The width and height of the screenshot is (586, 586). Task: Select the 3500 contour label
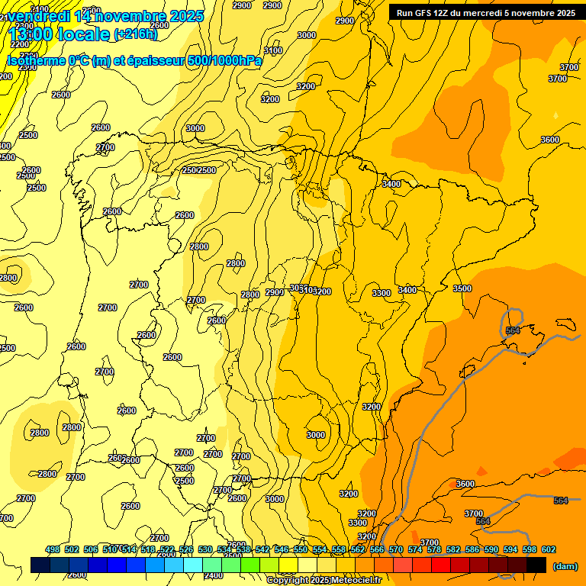pyautogui.click(x=462, y=288)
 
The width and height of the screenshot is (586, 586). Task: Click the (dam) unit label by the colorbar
pyautogui.click(x=565, y=566)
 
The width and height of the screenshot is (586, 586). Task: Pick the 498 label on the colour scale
pyautogui.click(x=53, y=549)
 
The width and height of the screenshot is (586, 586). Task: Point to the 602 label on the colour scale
pyautogui.click(x=548, y=549)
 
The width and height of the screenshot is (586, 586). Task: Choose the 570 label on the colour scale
pyautogui.click(x=395, y=549)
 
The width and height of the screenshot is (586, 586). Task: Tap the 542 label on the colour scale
pyautogui.click(x=262, y=549)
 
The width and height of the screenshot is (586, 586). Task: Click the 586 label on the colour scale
pyautogui.click(x=472, y=549)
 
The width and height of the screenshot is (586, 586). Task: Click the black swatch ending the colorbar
pyautogui.click(x=536, y=565)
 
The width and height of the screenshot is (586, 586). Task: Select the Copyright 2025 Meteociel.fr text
pyautogui.click(x=324, y=580)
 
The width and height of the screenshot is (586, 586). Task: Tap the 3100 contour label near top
pyautogui.click(x=272, y=50)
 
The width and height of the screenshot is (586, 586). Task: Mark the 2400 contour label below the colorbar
pyautogui.click(x=214, y=575)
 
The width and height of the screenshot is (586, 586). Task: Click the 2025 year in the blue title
pyautogui.click(x=185, y=16)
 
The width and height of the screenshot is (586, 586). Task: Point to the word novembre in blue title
pyautogui.click(x=130, y=16)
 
